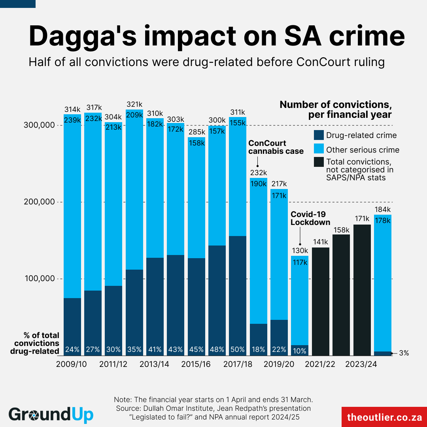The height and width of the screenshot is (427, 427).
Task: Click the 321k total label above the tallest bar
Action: point(134,105)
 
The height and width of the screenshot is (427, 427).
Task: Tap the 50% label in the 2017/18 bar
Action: point(238,350)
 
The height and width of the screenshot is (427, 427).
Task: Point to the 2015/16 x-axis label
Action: point(196,364)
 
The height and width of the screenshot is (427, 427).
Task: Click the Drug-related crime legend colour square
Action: point(318,135)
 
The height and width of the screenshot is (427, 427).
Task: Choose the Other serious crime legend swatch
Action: point(318,150)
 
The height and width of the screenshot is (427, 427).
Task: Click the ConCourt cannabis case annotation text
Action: point(276,147)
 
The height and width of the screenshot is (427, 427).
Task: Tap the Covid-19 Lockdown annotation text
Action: point(310,218)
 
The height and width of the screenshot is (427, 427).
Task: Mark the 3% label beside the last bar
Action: point(404,353)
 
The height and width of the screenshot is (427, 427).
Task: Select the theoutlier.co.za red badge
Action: point(384,417)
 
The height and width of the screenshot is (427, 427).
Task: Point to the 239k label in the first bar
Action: point(72,120)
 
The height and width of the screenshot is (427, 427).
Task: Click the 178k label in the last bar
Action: point(382,221)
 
